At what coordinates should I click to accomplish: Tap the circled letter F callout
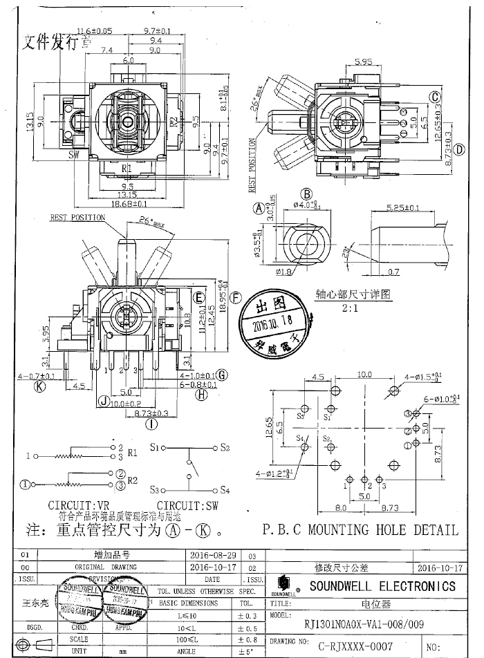236,299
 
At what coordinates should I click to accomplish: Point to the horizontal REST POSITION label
77,217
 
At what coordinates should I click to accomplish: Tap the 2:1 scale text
342,304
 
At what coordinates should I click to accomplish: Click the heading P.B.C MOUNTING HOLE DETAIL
360,531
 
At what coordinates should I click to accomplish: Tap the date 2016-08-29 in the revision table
214,555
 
